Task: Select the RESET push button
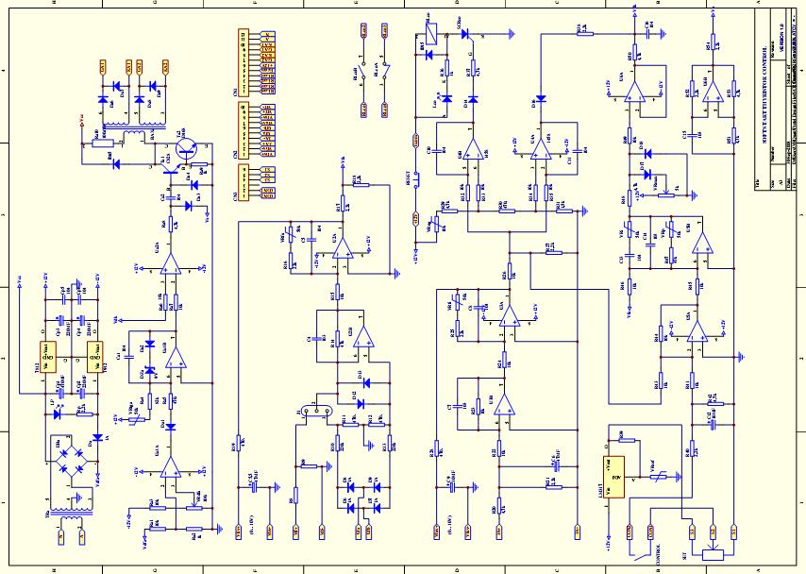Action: click(414, 184)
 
